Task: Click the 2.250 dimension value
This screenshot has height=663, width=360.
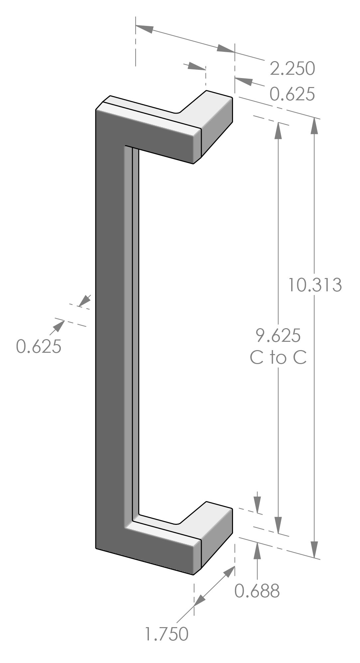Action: pos(292,69)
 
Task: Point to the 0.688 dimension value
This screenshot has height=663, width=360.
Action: pos(257,591)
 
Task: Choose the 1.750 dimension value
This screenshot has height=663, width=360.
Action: pos(167,634)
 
